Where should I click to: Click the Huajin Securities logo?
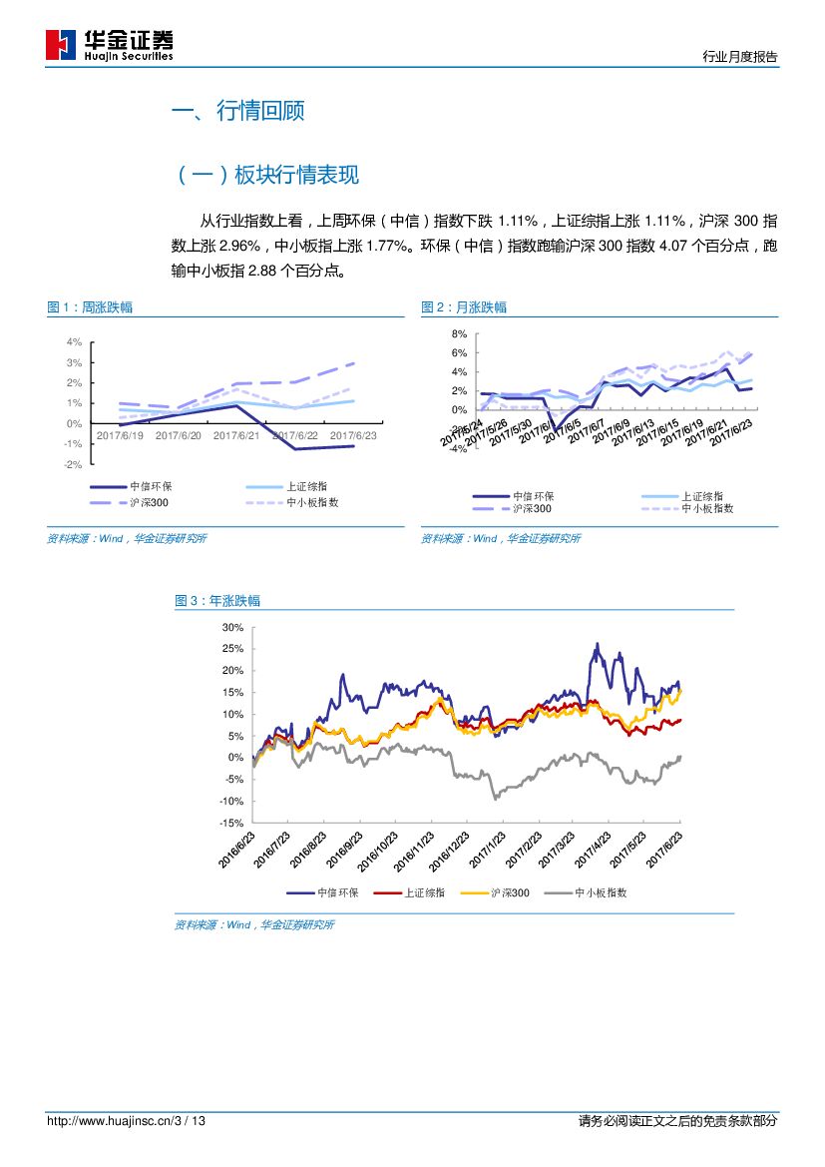pos(110,45)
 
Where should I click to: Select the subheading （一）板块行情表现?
pos(265,176)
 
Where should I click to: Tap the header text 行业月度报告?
pos(739,57)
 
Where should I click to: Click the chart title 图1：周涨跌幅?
pos(90,307)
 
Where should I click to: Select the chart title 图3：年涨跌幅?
pos(217,601)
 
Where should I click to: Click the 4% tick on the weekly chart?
pos(74,341)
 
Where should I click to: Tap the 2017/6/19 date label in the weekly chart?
pos(121,435)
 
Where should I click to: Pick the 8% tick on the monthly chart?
pos(459,333)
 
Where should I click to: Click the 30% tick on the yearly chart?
pos(232,627)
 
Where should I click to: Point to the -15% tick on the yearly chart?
pos(230,823)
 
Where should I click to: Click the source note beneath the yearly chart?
pos(254,925)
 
